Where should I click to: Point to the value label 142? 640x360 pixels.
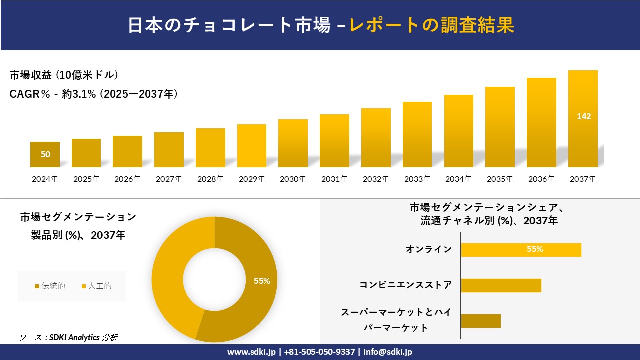(x=584, y=116)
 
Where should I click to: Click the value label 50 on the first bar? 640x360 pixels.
(x=45, y=154)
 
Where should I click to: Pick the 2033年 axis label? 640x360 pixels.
(x=417, y=179)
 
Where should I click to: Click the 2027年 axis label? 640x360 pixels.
(x=168, y=179)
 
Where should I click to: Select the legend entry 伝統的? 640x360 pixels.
(x=50, y=286)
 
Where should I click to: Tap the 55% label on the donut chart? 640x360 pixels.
(x=262, y=281)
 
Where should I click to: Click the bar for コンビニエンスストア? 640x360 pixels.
(x=501, y=285)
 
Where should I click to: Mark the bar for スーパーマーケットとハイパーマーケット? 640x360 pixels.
(x=480, y=321)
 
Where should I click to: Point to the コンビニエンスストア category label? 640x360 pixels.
(x=405, y=285)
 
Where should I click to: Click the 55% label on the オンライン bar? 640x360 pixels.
(x=535, y=249)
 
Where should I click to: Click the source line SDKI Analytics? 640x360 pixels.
(x=69, y=337)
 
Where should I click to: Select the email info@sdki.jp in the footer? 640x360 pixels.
(x=388, y=352)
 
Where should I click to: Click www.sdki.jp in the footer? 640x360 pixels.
(x=251, y=352)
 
